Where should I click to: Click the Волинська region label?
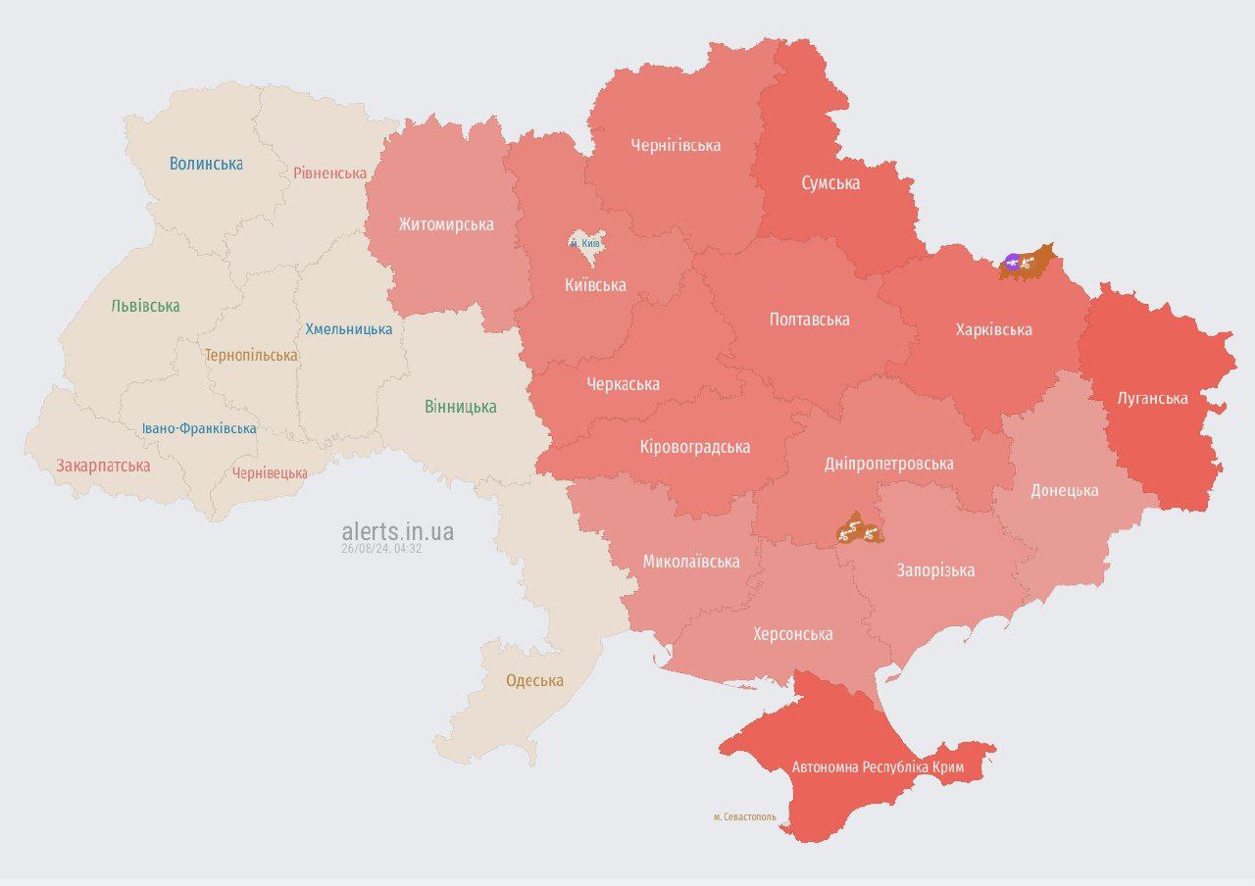click(x=206, y=164)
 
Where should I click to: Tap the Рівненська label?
click(x=329, y=173)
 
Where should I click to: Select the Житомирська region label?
click(x=445, y=224)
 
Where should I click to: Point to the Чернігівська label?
click(x=676, y=145)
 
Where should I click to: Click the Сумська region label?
click(x=830, y=183)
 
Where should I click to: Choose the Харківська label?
click(x=993, y=329)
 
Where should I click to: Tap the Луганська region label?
click(x=1152, y=398)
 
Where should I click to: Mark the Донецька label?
click(x=1064, y=490)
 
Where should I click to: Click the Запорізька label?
click(x=935, y=570)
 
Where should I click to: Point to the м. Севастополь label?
click(x=744, y=816)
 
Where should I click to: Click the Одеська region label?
click(x=534, y=680)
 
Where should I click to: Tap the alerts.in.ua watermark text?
click(x=397, y=531)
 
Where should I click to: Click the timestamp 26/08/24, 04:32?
click(x=381, y=549)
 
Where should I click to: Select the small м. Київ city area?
click(x=587, y=247)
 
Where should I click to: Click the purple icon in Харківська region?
click(x=1012, y=262)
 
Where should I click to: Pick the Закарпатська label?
click(x=103, y=466)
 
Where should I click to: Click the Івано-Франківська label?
click(x=199, y=428)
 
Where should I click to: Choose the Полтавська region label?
click(x=809, y=320)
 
